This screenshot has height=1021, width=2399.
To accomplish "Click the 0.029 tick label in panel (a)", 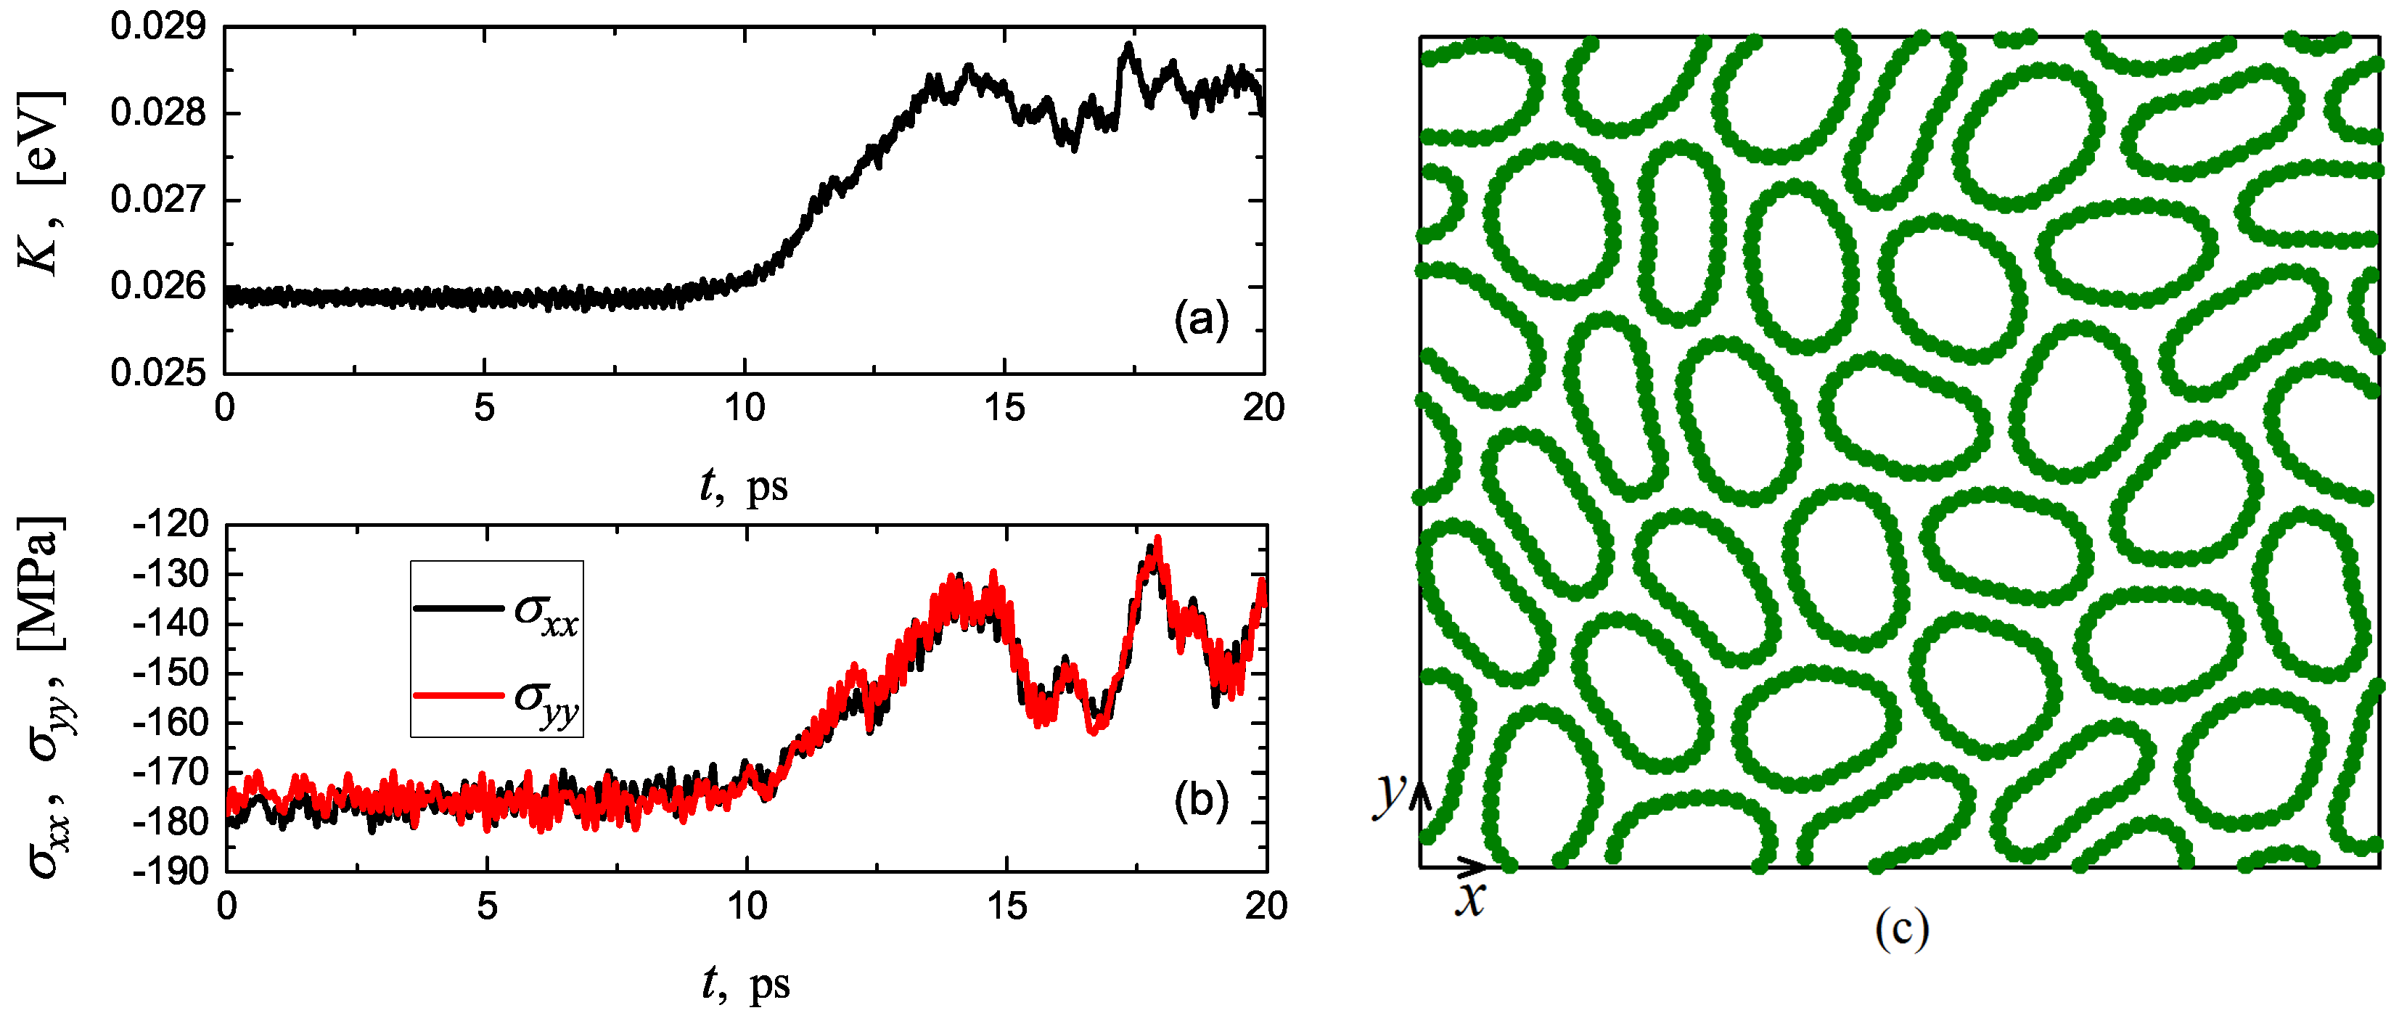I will coord(157,27).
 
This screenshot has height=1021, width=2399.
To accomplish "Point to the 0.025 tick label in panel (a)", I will coord(157,373).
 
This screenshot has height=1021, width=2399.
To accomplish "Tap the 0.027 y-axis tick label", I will coord(157,200).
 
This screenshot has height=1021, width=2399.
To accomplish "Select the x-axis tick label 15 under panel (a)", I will coord(1004,408).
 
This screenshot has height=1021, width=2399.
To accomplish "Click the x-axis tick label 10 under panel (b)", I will coord(746,906).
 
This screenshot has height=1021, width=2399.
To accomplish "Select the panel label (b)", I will coord(1200,801).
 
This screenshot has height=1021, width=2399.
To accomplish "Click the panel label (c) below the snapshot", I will coord(1900,929).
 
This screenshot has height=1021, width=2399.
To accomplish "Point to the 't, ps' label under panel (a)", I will coord(743,485).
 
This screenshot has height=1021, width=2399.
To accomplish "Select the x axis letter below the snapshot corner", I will coord(1469,901).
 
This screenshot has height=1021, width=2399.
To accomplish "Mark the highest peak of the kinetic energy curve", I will coord(1128,45).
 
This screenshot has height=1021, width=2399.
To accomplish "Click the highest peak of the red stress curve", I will coord(1157,538).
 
